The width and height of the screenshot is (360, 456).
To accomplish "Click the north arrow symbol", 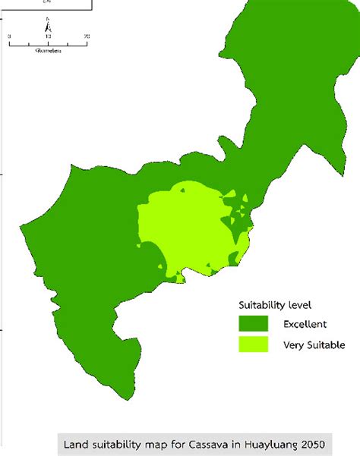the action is (48, 26).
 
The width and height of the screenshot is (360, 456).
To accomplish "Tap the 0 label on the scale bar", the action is (10, 36).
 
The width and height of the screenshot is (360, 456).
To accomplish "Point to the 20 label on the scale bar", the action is (87, 36).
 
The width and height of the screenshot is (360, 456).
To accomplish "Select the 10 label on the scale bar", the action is (48, 36).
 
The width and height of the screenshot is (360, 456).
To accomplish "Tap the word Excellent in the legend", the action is (305, 324).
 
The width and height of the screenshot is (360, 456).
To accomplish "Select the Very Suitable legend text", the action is (313, 345).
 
